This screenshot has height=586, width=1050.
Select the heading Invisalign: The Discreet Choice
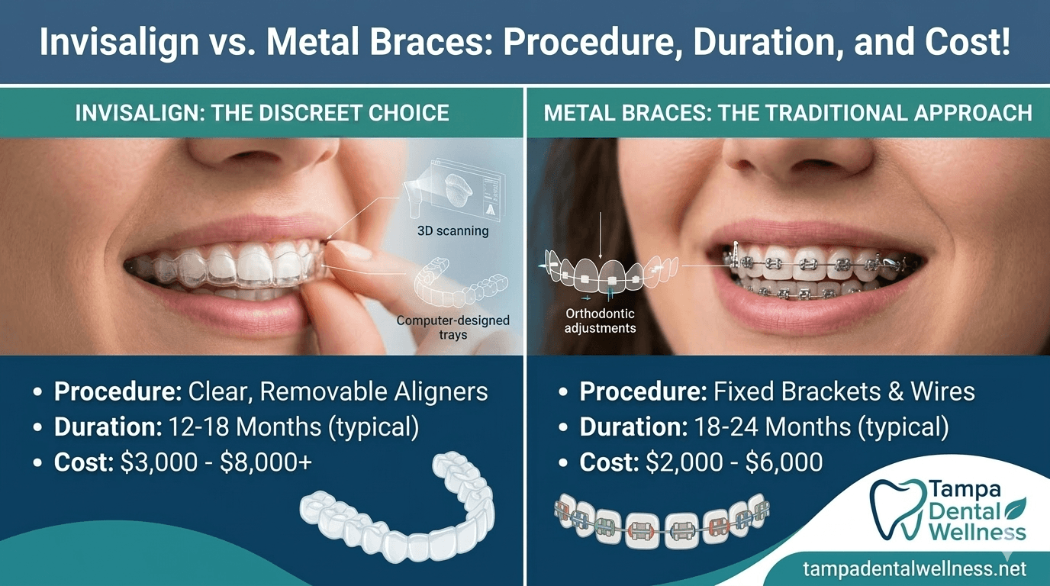[x=262, y=114]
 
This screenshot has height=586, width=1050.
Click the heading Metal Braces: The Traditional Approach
[x=787, y=114]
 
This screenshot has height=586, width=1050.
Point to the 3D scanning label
[x=453, y=230]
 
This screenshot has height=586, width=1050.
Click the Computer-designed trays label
[x=453, y=327]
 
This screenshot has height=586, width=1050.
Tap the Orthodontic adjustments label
[x=600, y=320]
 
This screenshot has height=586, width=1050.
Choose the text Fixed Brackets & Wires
[x=844, y=392]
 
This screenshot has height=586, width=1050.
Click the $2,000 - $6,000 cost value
[x=733, y=462]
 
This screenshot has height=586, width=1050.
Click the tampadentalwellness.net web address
[x=915, y=568]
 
